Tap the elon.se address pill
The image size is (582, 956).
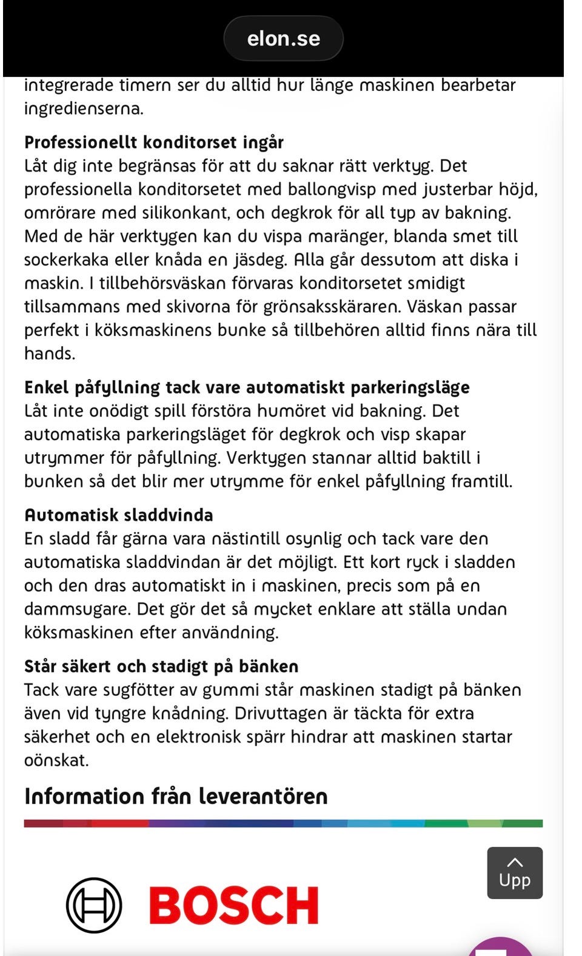point(283,39)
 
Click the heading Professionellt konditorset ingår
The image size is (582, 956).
point(154,142)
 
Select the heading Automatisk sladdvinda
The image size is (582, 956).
point(118,515)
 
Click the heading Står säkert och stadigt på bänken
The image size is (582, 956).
point(161,667)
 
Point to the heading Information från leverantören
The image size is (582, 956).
point(176,796)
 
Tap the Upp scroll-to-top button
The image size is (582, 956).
point(515,873)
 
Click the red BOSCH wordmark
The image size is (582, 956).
point(234,906)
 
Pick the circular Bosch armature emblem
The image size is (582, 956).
point(94,905)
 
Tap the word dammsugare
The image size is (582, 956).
point(78,609)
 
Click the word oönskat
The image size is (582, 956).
point(56,761)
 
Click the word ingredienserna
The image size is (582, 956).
point(84,109)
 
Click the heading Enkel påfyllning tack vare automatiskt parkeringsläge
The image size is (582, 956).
point(247,387)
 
